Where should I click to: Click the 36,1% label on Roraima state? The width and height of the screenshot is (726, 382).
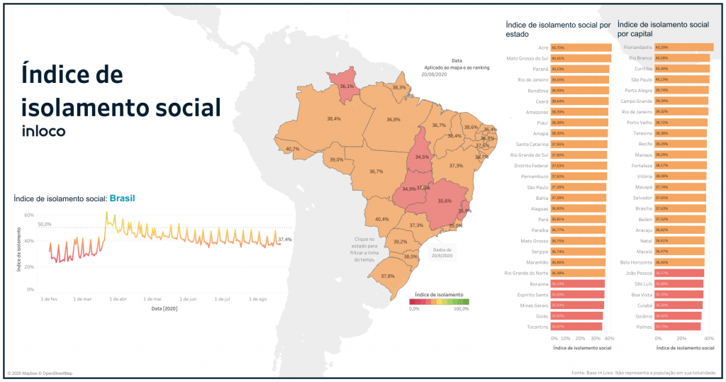[347, 86]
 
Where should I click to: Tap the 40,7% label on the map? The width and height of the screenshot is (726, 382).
[292, 150]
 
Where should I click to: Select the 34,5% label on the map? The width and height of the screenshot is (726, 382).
[422, 157]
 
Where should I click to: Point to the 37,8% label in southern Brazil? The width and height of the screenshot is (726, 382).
[387, 276]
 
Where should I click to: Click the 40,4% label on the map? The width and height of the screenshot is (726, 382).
[381, 219]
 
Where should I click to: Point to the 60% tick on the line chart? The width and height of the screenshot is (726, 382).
[29, 214]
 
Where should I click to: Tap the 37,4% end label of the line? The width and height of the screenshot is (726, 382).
[285, 240]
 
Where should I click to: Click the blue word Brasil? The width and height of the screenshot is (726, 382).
[122, 198]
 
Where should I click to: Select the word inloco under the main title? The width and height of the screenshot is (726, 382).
[44, 131]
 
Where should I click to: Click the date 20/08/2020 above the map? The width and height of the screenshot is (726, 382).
[432, 74]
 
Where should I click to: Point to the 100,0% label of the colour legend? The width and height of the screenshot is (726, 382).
[461, 308]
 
